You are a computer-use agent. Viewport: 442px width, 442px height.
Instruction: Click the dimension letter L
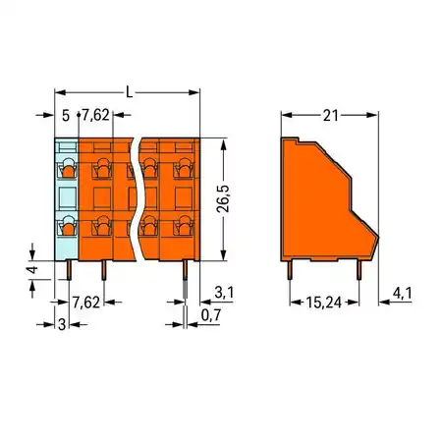128,91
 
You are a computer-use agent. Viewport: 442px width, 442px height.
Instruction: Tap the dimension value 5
66,116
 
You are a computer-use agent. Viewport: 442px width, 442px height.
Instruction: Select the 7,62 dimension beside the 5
94,116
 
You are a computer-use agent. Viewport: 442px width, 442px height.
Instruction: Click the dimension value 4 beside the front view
32,269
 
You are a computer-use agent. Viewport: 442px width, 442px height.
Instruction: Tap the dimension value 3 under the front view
60,323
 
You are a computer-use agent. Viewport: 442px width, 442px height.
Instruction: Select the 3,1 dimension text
224,292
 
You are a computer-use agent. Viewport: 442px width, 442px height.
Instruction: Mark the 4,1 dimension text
401,292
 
